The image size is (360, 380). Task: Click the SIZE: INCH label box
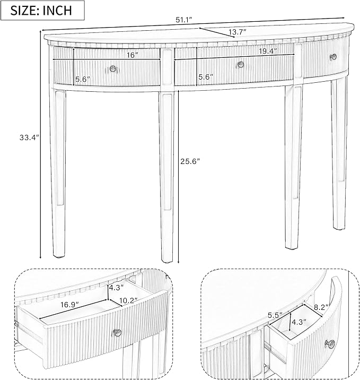click(x=42, y=10)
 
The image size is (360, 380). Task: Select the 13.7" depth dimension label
click(x=238, y=32)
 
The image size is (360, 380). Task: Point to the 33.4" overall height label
click(x=29, y=137)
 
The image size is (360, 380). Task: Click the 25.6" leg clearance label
click(x=190, y=161)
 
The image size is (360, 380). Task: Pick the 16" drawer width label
click(x=133, y=55)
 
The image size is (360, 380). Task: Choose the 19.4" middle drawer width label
click(x=268, y=51)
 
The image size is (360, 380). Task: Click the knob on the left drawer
click(x=113, y=68)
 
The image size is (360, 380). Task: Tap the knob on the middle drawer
click(x=241, y=64)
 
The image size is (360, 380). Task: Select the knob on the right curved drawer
click(x=333, y=57)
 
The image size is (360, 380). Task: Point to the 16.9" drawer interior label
click(x=69, y=305)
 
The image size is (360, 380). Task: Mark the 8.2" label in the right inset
click(x=321, y=307)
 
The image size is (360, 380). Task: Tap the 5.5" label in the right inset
click(x=275, y=315)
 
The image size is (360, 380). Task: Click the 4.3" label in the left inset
click(x=117, y=288)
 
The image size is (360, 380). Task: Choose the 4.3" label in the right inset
click(x=299, y=322)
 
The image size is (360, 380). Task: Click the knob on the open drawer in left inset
click(x=117, y=332)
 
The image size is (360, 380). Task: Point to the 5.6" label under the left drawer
click(x=83, y=79)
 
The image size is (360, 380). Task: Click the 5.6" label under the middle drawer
click(x=206, y=77)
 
